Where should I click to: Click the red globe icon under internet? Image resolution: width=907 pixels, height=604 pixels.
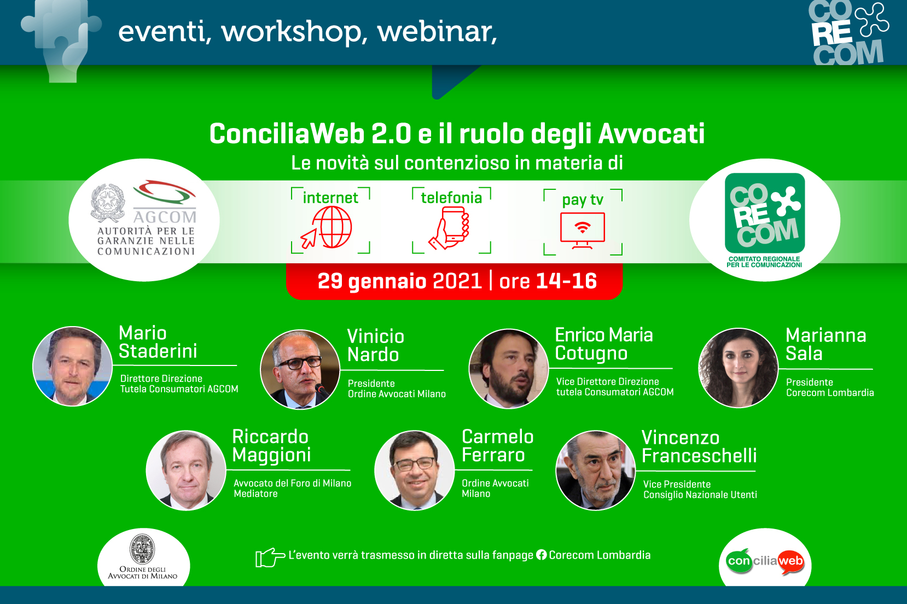[327, 228]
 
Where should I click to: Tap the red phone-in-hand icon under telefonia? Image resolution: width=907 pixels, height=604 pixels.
[449, 228]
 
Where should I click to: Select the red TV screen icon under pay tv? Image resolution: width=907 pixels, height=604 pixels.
[582, 230]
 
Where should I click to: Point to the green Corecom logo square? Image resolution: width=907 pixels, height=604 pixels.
[764, 213]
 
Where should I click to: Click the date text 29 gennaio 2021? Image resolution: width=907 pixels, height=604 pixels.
[400, 281]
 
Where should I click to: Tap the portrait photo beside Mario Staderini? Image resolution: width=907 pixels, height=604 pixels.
[72, 367]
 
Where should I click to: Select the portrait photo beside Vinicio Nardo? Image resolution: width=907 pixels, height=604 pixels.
[300, 369]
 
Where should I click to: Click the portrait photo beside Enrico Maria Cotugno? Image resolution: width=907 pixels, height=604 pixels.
[509, 368]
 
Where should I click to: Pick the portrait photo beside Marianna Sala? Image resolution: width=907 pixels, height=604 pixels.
[739, 368]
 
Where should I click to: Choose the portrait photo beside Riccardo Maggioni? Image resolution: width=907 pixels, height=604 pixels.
[186, 470]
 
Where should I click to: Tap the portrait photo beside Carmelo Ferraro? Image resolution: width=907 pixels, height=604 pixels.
[415, 470]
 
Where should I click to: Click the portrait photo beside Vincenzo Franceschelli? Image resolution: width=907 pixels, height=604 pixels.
[596, 471]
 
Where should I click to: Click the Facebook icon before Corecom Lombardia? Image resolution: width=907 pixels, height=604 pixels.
[542, 555]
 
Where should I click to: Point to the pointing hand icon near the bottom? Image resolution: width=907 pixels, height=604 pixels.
[270, 557]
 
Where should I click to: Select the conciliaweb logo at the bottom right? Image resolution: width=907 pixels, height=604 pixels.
[765, 561]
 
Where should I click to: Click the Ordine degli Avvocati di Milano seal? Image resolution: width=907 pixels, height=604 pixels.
[142, 549]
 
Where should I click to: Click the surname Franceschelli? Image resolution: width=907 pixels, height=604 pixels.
[699, 455]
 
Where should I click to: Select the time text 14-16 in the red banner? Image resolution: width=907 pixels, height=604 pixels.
[567, 281]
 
